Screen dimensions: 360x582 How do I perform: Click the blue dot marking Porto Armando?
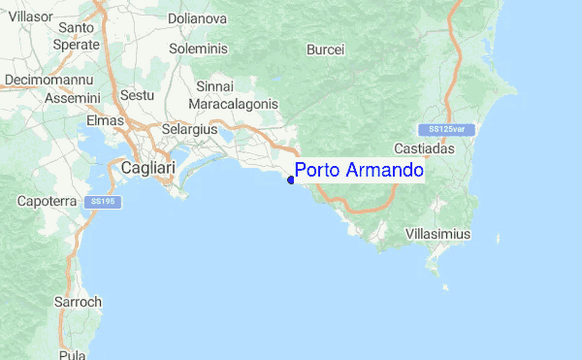point(291,180)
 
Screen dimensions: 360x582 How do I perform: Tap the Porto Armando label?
point(359,171)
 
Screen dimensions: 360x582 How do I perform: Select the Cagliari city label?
point(147,168)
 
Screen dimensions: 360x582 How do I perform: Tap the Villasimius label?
point(436,235)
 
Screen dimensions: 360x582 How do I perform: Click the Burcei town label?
point(325,49)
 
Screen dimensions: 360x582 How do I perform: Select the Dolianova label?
point(197,17)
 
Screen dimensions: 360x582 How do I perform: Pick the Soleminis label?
point(197,48)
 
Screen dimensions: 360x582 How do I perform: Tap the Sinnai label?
point(214,86)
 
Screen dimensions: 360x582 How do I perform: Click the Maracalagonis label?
point(233,103)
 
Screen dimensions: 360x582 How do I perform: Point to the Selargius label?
point(189,128)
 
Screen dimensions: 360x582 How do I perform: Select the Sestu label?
point(137,97)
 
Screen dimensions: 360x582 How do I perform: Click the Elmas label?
point(106,121)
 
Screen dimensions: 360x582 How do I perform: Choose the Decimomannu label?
point(48,79)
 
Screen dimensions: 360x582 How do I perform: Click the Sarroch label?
point(78,302)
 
